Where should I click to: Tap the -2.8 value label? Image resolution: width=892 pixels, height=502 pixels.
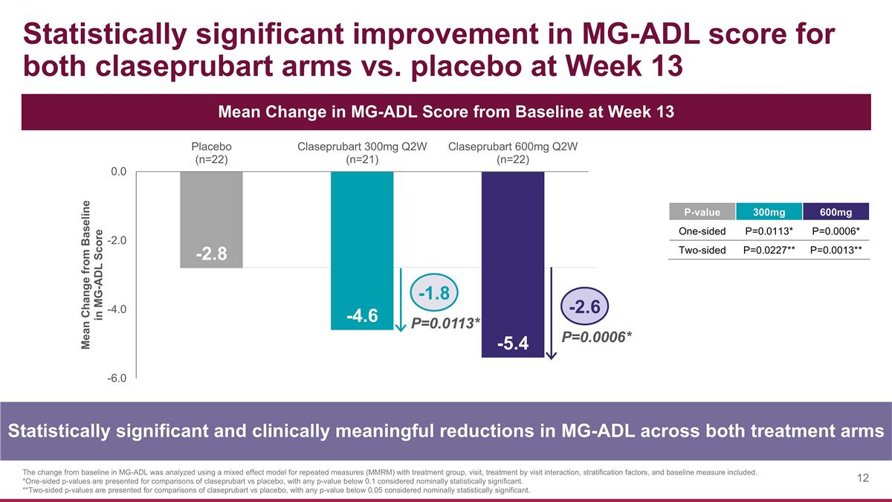(212, 254)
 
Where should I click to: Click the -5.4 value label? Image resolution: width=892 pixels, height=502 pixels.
(513, 344)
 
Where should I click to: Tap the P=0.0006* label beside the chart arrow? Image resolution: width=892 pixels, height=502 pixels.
(597, 337)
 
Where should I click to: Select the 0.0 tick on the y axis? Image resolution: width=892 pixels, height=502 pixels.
(117, 172)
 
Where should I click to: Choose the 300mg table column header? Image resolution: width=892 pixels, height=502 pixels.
(769, 213)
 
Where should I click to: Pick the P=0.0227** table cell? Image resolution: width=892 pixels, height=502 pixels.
(769, 251)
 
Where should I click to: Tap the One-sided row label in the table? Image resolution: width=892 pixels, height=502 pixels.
(702, 231)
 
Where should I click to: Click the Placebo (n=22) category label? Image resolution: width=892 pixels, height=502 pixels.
(212, 152)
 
